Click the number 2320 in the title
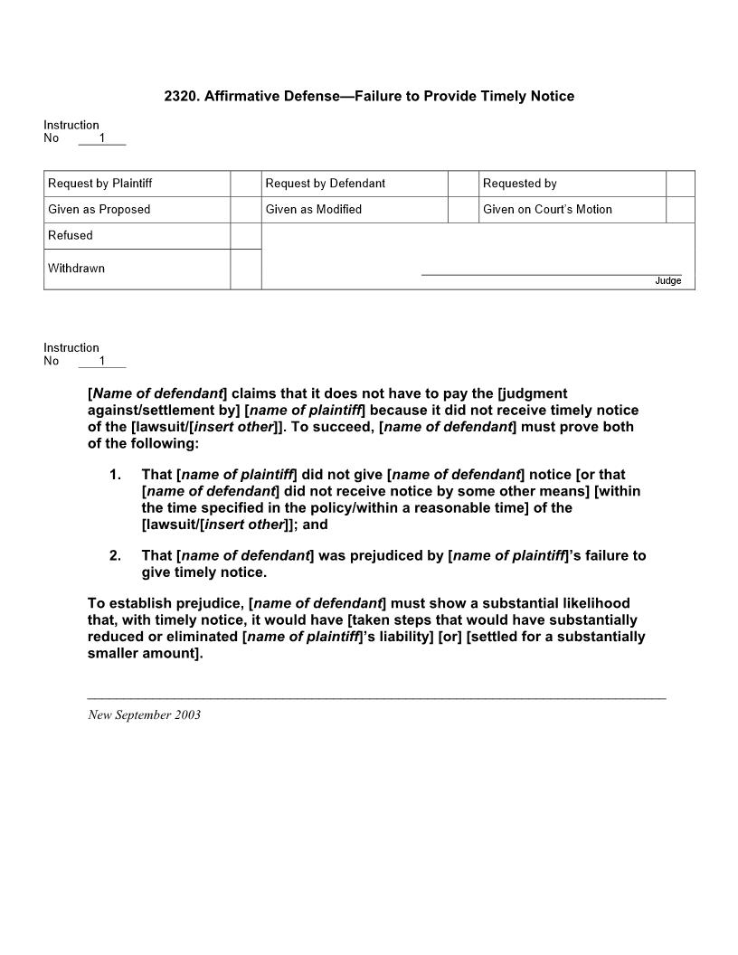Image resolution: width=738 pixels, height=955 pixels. [181, 96]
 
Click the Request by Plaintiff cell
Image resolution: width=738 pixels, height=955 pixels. [100, 184]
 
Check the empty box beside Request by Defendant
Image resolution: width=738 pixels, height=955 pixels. [463, 184]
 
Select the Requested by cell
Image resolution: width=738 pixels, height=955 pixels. [520, 184]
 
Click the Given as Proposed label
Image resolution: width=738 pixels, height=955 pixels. [99, 210]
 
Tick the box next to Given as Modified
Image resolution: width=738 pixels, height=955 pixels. [463, 210]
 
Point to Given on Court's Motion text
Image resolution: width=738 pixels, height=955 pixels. [547, 210]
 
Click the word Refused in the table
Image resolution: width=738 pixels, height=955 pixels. [71, 235]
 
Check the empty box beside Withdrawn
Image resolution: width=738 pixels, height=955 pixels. [246, 269]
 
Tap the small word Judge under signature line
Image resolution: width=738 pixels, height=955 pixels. [667, 281]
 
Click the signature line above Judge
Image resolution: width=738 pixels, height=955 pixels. [551, 274]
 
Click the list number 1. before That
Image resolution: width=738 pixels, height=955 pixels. [115, 474]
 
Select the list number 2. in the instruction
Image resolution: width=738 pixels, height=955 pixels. [115, 555]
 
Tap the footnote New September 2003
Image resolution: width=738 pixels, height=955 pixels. [144, 715]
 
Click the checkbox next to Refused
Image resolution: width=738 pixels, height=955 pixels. [246, 236]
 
